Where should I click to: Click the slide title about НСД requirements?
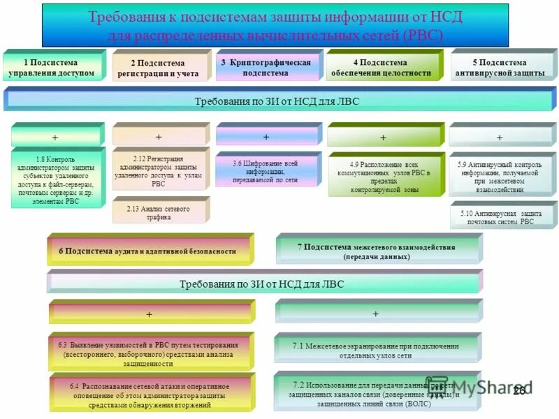[275, 25]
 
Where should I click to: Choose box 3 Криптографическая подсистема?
[266, 67]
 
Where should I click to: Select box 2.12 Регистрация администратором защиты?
[159, 172]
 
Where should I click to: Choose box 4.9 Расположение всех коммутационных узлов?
[384, 176]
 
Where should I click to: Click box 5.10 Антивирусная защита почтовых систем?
[501, 216]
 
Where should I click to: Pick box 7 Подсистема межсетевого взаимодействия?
[377, 251]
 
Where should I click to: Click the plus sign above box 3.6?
[266, 136]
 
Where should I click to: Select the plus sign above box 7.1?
[376, 314]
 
